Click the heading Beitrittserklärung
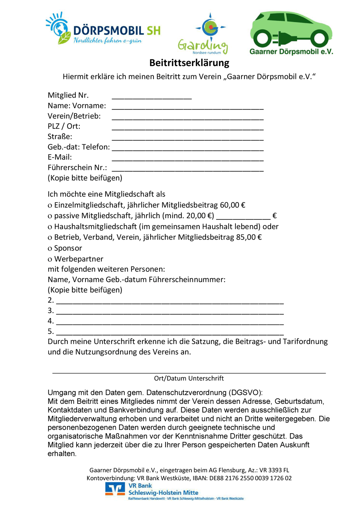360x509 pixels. click(x=189, y=62)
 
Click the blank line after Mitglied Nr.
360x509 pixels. click(x=152, y=97)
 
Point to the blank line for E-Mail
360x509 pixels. click(x=188, y=159)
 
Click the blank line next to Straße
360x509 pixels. click(x=188, y=139)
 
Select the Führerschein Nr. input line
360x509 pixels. click(x=188, y=170)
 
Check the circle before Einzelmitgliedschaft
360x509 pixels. click(x=50, y=206)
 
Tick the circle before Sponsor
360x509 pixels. click(x=50, y=249)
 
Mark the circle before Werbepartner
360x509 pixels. click(x=50, y=259)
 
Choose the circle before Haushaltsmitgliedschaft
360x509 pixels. click(x=50, y=227)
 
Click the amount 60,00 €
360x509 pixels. click(x=232, y=205)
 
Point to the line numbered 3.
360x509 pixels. click(x=170, y=313)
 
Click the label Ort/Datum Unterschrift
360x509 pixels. click(x=189, y=378)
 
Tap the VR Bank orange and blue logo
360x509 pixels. click(x=115, y=489)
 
